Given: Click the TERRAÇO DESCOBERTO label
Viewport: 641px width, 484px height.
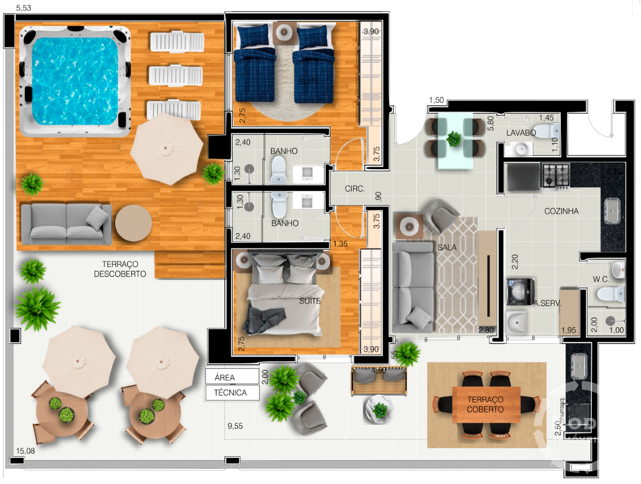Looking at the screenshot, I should click(120, 269).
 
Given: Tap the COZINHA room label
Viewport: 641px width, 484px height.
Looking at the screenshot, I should click(561, 211).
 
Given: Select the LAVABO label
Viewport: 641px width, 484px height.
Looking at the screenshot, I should click(521, 133).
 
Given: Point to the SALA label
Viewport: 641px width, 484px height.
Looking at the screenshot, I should click(447, 248).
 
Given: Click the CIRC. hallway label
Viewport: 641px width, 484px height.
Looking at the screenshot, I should click(355, 189).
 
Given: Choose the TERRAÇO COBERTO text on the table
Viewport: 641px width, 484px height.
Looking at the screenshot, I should click(485, 404).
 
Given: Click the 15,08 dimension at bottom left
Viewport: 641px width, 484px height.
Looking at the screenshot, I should click(26, 451).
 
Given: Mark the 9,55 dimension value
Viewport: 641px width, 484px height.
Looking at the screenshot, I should click(235, 426).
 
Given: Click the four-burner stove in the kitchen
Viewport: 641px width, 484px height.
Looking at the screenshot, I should click(555, 176).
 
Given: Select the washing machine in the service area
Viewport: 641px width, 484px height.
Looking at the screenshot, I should click(520, 292).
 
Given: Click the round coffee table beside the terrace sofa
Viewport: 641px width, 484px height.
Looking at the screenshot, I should click(133, 223).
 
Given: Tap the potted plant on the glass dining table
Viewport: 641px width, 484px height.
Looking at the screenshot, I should click(454, 139).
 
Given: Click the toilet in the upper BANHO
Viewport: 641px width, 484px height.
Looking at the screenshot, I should click(278, 170).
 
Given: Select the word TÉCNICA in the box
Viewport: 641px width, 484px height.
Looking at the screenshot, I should click(230, 393).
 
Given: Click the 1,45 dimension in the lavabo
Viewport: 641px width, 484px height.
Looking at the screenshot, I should click(546, 118).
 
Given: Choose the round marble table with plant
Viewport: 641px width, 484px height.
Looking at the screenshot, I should click(380, 409).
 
